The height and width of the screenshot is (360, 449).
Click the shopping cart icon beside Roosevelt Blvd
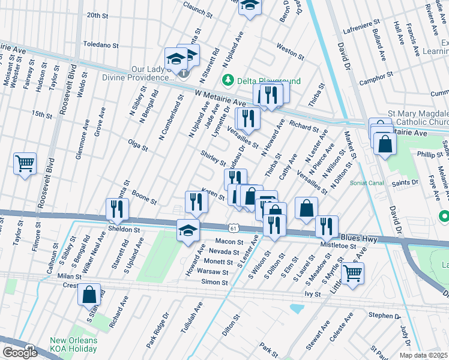pyautogui.click(x=25, y=163)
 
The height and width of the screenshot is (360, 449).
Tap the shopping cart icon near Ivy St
pyautogui.click(x=352, y=274)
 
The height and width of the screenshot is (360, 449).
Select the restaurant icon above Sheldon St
pyautogui.click(x=116, y=209)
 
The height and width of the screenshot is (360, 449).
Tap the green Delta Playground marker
pyautogui.click(x=228, y=79)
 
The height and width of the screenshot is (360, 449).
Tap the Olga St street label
pyautogui.click(x=137, y=144)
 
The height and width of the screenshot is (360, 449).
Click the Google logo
pyautogui.click(x=20, y=353)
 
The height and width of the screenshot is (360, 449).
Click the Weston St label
pyautogui.click(x=290, y=50)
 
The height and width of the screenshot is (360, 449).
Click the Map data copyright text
pyautogui.click(x=423, y=355)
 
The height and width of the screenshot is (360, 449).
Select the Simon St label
pyautogui.click(x=214, y=282)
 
